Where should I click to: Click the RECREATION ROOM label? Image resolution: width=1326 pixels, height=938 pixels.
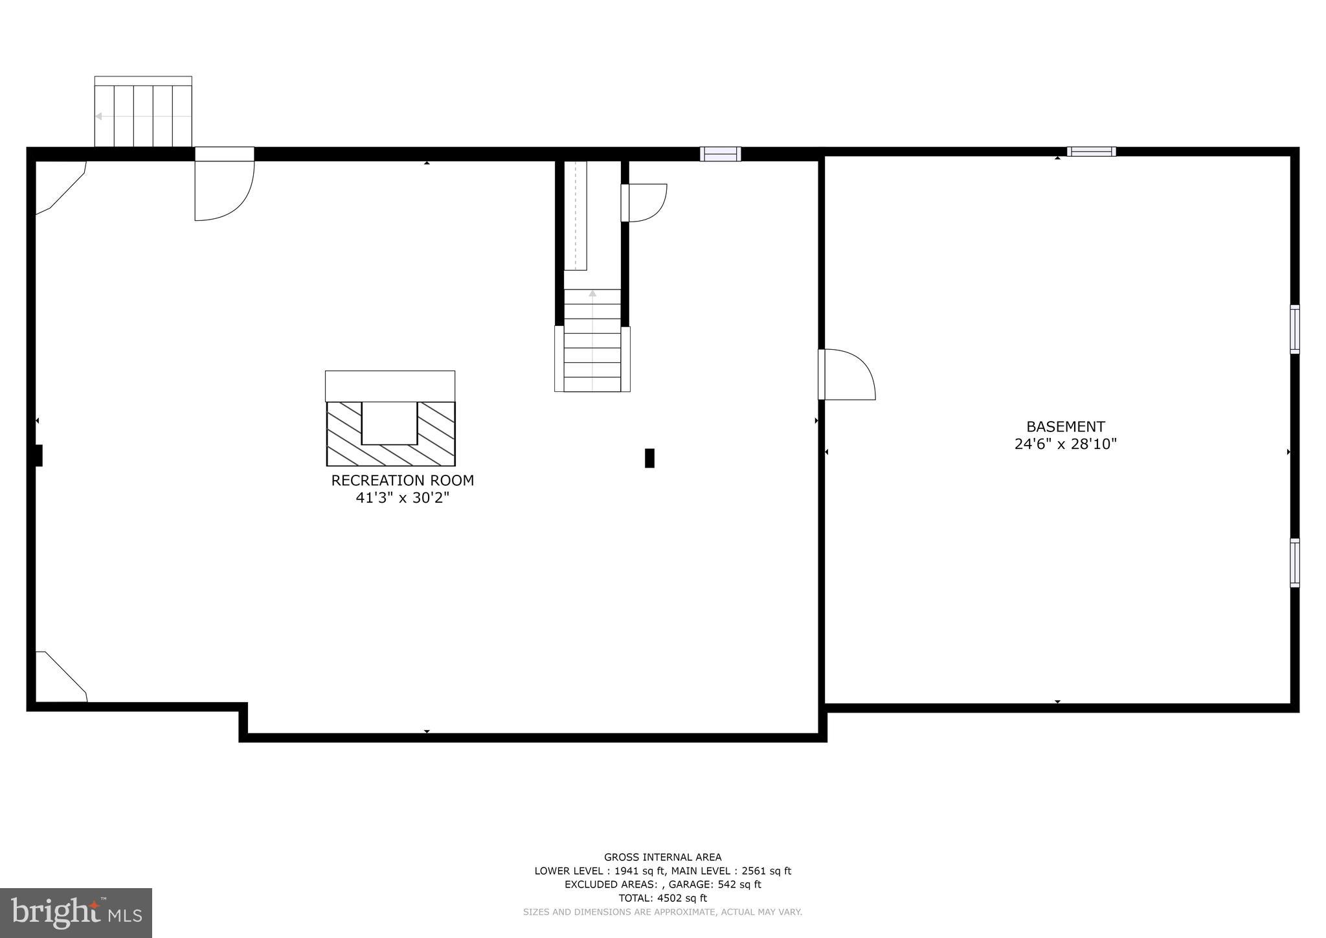point(402,481)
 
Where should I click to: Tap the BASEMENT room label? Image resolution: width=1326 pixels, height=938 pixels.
point(1065,427)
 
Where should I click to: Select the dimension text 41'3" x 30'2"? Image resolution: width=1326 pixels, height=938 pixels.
point(402,498)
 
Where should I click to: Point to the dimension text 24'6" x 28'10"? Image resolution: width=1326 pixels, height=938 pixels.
point(1065,444)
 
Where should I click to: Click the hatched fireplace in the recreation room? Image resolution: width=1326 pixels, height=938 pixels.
point(390,433)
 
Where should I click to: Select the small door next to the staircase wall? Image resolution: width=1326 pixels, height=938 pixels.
point(644,203)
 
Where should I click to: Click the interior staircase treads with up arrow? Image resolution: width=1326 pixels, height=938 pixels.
point(592,340)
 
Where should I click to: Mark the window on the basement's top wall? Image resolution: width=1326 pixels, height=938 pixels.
point(1091,152)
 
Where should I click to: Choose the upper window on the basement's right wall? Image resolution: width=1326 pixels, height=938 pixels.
point(1294,329)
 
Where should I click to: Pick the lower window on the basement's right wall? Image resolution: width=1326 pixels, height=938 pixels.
point(1294,562)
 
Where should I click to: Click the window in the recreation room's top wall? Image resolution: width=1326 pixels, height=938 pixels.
point(720,154)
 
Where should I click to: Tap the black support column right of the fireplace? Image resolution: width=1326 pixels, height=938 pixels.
point(649,458)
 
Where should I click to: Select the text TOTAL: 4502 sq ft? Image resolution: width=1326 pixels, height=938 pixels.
point(662,898)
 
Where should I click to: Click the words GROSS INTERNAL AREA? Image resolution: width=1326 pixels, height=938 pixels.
point(662,857)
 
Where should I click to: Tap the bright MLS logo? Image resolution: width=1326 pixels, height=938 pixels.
point(76,913)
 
